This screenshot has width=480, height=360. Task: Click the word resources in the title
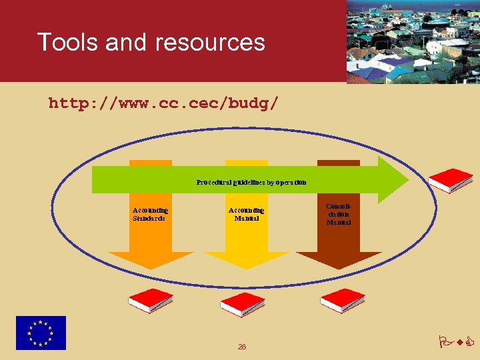[210, 43]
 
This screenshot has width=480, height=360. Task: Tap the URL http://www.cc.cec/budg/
[164, 104]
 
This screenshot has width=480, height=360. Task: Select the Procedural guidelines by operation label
[251, 181]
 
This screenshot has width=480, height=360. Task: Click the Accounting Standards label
[150, 214]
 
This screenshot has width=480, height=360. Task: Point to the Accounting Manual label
[246, 214]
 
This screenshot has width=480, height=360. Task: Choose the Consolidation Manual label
[339, 214]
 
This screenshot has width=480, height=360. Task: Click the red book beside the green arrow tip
[451, 180]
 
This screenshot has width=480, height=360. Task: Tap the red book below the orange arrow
[151, 301]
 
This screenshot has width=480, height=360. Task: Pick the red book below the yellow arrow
[243, 304]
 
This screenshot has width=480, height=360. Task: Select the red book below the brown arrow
[343, 300]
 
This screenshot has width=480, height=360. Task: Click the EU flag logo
[41, 333]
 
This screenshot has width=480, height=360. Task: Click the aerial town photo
[413, 41]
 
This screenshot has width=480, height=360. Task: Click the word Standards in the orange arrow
[149, 218]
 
